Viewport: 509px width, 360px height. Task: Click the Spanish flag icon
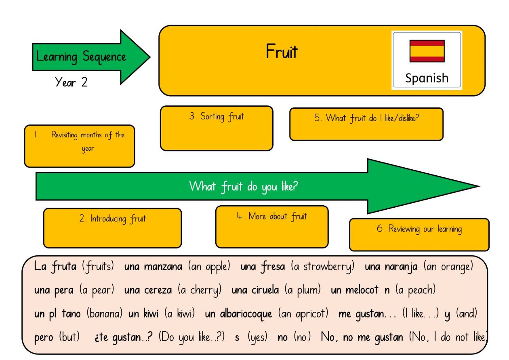(427, 51)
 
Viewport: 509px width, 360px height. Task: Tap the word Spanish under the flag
(427, 78)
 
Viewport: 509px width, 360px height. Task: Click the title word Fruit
(282, 51)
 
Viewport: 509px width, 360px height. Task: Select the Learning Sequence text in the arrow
(81, 57)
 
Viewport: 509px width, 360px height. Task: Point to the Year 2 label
(71, 82)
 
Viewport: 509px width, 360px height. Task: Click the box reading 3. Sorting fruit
(217, 128)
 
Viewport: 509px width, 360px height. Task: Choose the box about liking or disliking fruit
(366, 124)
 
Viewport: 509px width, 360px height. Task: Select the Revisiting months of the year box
(80, 146)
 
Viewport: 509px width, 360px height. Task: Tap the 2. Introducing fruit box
(112, 228)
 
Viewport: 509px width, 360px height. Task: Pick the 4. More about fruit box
(272, 227)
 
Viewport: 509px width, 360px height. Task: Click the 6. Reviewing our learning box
(419, 235)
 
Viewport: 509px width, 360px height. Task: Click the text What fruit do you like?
(243, 186)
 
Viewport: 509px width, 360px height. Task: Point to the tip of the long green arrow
(480, 186)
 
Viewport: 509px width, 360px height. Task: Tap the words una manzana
(153, 267)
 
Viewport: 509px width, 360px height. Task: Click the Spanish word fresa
(273, 266)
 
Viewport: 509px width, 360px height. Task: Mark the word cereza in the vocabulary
(158, 290)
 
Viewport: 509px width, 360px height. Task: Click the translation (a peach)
(415, 290)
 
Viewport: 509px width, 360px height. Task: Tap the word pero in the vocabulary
(44, 337)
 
